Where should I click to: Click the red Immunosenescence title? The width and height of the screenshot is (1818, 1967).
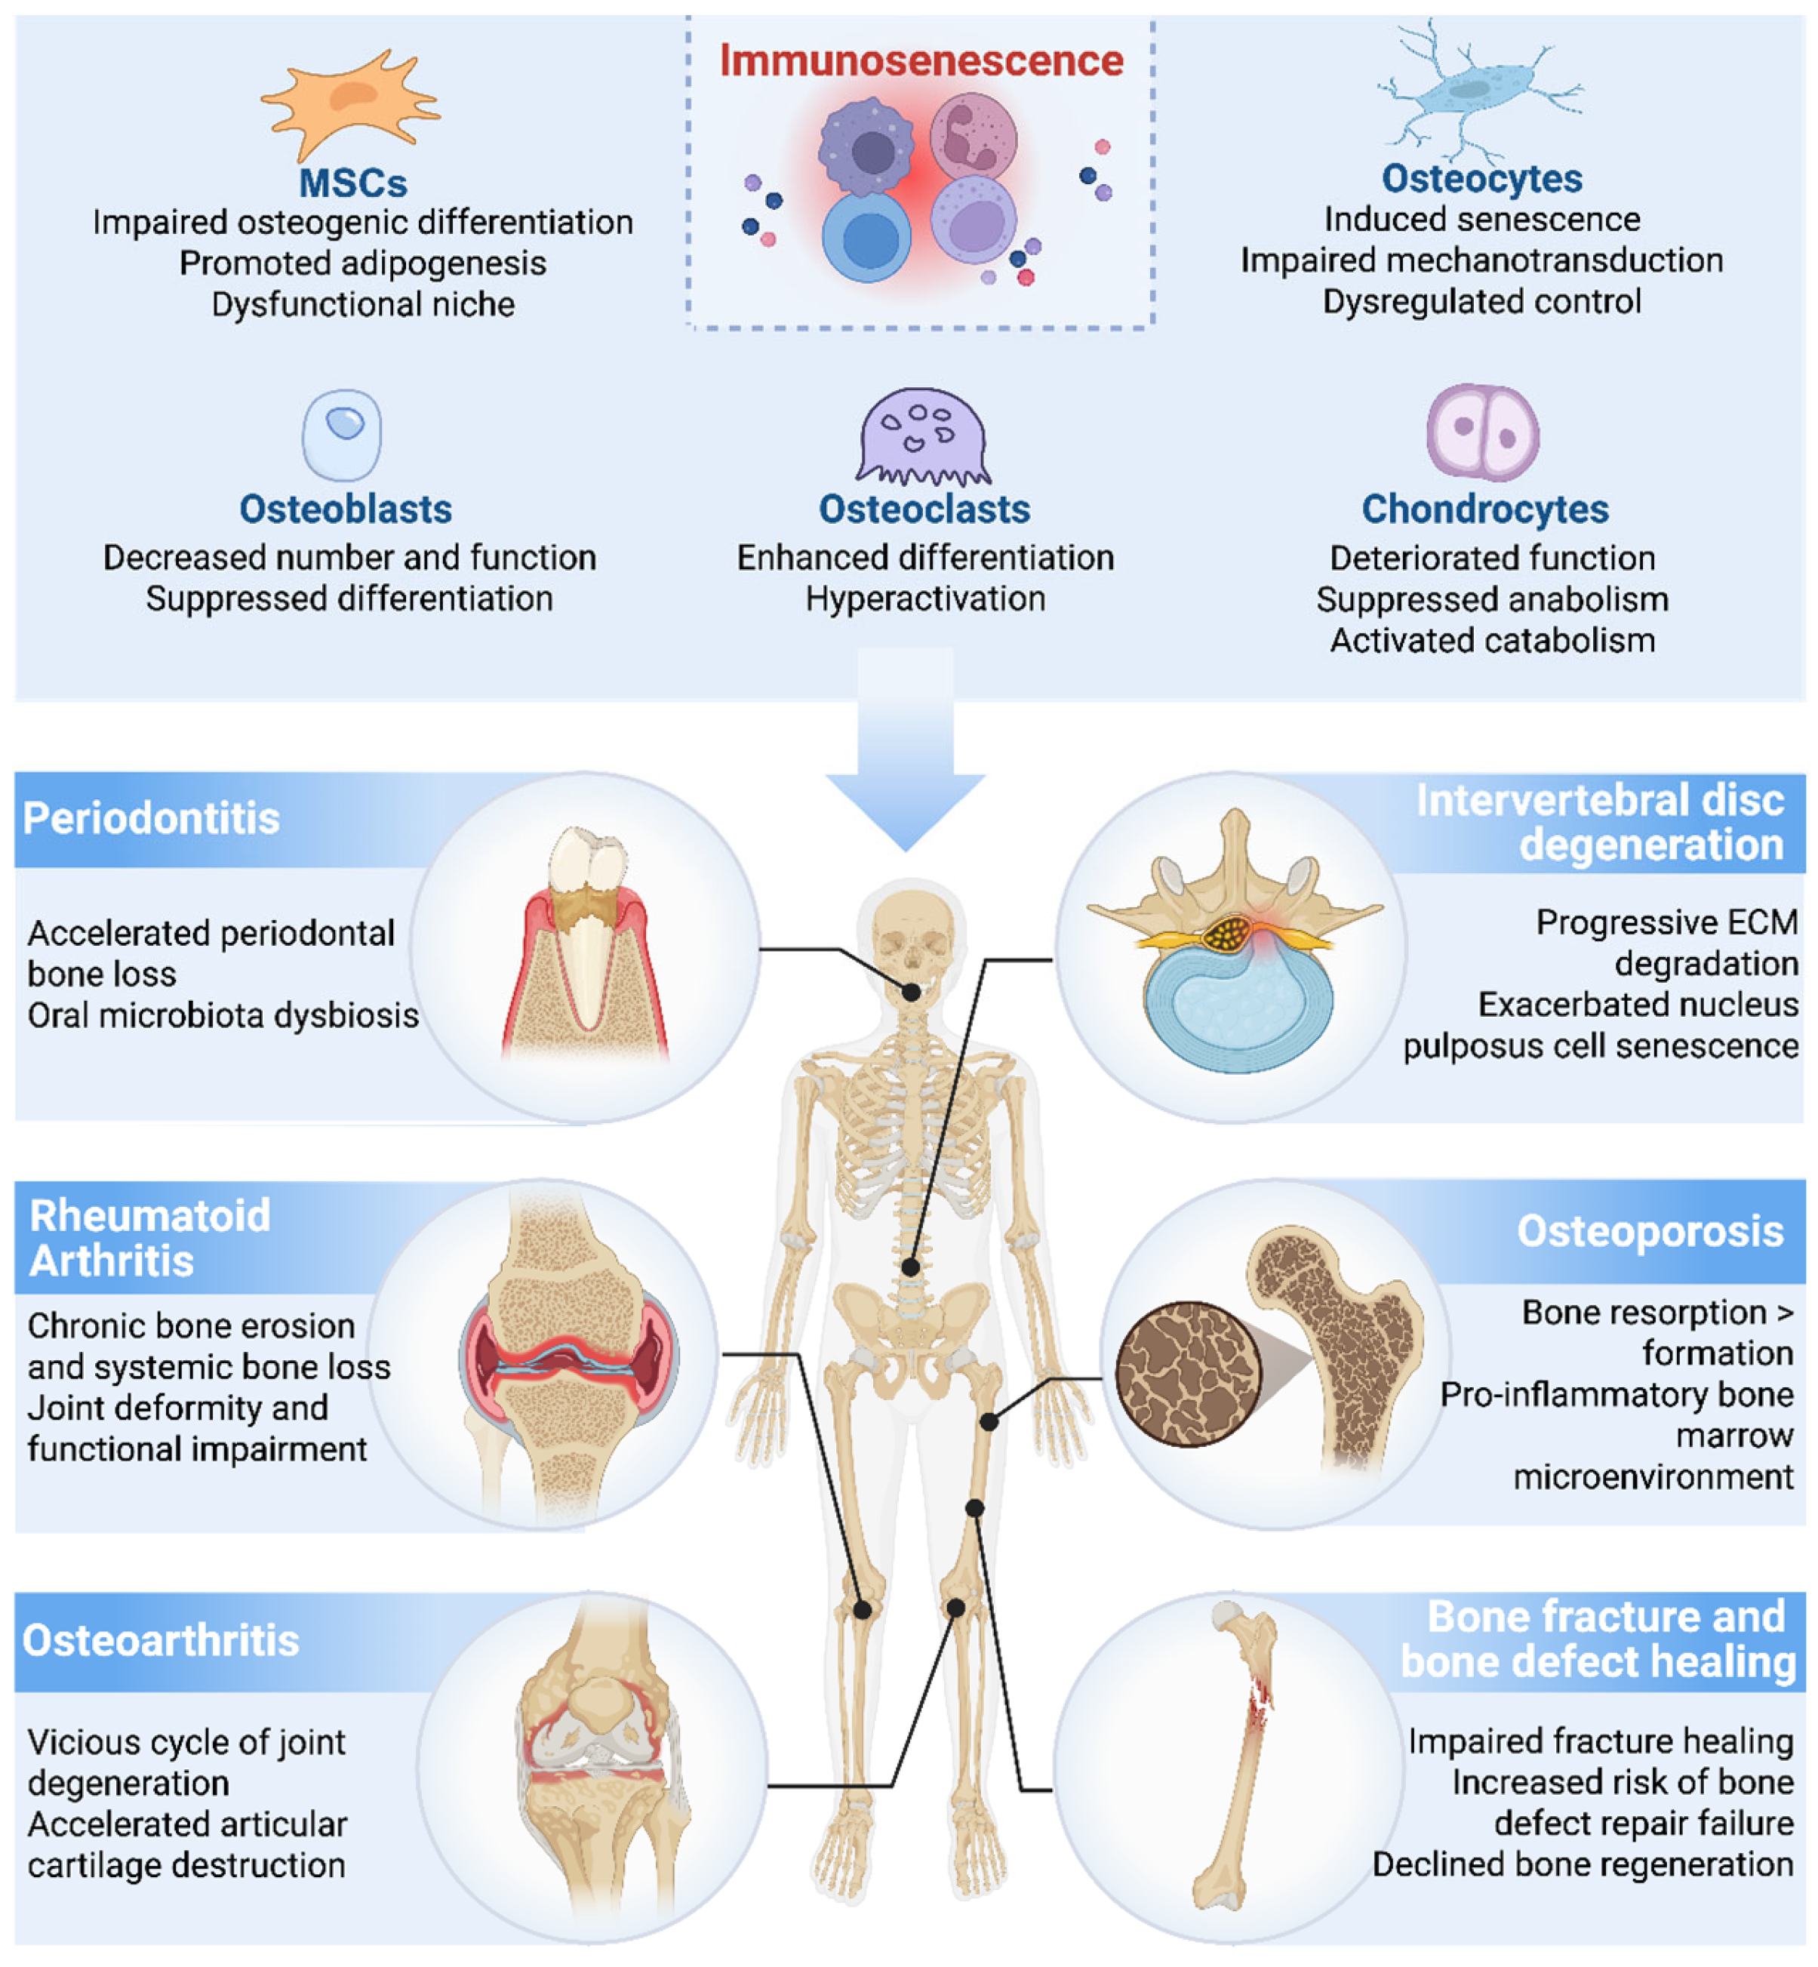(x=921, y=60)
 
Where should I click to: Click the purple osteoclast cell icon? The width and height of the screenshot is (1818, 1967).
(x=923, y=436)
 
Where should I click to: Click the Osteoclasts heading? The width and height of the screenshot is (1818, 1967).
(x=924, y=509)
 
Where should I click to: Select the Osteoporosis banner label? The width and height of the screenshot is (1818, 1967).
(x=1650, y=1231)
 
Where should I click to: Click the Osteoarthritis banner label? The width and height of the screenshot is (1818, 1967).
(x=160, y=1640)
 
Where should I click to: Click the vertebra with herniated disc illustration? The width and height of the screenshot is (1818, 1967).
(x=1235, y=940)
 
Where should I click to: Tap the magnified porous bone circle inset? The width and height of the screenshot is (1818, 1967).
(x=1189, y=1374)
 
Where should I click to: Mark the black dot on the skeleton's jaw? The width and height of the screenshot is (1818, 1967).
(x=912, y=993)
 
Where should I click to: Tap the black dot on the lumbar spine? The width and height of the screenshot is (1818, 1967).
(x=911, y=1267)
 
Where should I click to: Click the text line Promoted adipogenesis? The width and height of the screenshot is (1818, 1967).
(x=363, y=263)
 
